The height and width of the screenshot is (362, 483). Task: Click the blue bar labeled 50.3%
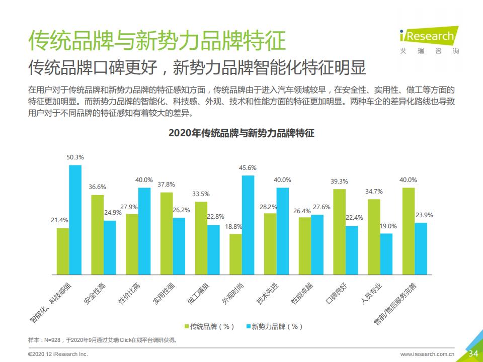click(x=75, y=220)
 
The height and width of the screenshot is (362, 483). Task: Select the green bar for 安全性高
click(x=98, y=235)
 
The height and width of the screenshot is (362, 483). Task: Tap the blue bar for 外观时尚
click(x=248, y=225)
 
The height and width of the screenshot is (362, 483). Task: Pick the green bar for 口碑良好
click(x=340, y=232)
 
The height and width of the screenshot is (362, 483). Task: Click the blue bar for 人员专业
click(x=386, y=254)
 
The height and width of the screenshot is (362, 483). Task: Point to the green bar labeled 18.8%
click(x=235, y=254)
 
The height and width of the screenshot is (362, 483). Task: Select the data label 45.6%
click(x=248, y=168)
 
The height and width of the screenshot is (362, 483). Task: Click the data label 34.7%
click(x=374, y=192)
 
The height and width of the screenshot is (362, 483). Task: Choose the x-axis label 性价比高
click(x=129, y=293)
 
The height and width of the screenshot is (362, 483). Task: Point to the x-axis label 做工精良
click(x=199, y=293)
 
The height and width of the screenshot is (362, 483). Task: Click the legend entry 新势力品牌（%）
click(x=275, y=326)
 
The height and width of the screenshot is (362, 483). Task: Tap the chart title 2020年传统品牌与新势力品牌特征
click(x=242, y=134)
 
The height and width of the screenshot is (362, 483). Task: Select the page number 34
click(x=473, y=353)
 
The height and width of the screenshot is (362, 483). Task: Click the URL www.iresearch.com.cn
click(x=427, y=354)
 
